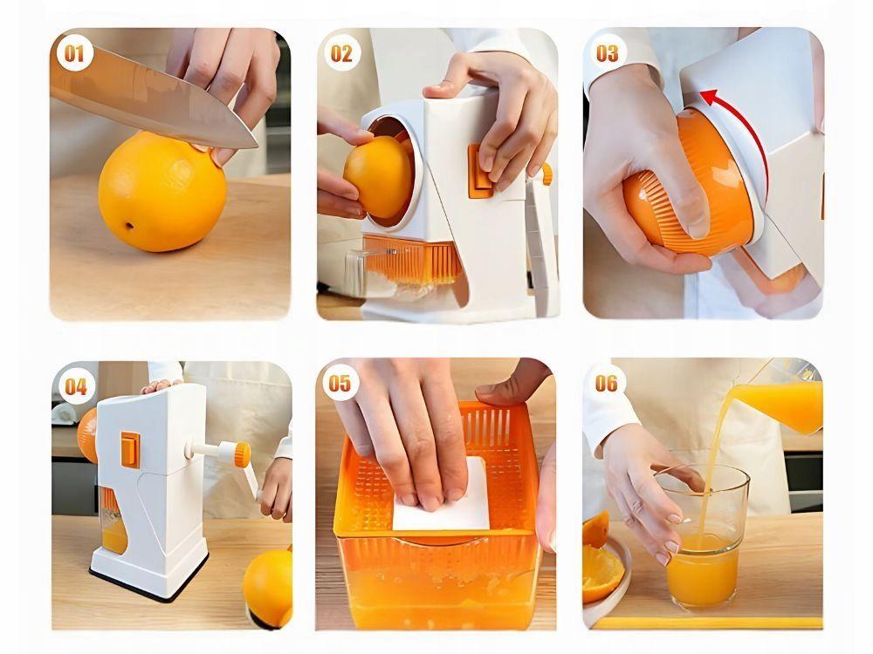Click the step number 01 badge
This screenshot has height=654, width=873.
(74, 53)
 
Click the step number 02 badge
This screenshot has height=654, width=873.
(341, 53)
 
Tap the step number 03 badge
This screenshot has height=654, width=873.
(608, 53)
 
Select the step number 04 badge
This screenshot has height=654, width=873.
(76, 386)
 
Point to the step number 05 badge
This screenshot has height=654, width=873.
(340, 383)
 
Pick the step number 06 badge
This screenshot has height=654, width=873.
(607, 383)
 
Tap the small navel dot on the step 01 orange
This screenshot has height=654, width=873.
(130, 227)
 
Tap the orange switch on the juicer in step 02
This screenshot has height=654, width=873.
(480, 171)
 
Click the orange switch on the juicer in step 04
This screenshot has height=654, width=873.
(130, 450)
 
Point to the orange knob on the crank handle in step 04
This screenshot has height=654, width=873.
(242, 454)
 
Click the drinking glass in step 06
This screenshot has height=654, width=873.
(702, 536)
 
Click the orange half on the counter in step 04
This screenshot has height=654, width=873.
(268, 587)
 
